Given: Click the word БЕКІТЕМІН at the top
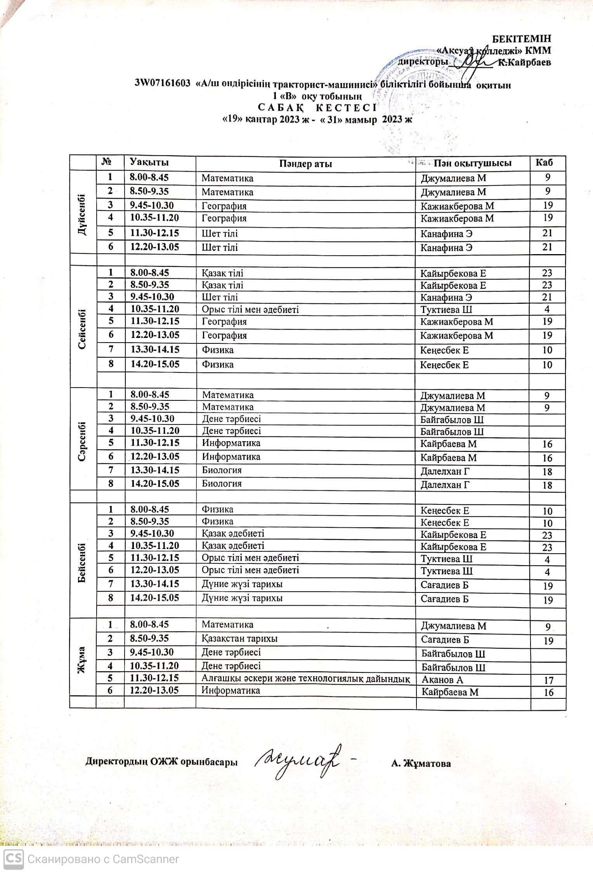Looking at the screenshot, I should (522, 39).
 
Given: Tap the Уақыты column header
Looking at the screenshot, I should (149, 162).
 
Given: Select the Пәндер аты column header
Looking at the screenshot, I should (305, 164).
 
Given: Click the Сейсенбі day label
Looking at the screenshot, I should (82, 329).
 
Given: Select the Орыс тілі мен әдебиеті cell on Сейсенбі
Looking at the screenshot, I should (250, 310).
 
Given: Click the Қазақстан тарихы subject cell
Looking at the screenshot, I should (239, 639).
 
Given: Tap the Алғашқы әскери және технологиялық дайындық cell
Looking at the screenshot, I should (305, 679).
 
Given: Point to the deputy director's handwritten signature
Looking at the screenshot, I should (298, 761).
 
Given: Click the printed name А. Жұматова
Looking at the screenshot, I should (421, 764).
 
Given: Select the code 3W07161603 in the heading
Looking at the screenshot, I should (163, 83).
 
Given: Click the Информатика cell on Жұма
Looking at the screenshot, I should (231, 691).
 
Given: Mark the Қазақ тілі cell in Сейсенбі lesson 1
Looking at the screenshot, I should (222, 273).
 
